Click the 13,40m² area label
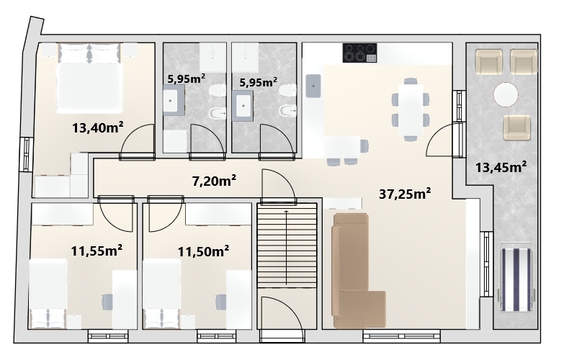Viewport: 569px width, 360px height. tap(98, 127)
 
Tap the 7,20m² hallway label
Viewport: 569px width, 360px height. tap(214, 180)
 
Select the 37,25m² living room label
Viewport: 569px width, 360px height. tap(405, 194)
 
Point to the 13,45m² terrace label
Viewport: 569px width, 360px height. tap(501, 167)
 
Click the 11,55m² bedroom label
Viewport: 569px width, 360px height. tap(97, 251)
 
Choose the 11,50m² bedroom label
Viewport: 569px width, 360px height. tap(203, 251)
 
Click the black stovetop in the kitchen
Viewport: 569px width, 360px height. tap(359, 53)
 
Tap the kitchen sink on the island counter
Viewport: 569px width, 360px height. tap(313, 86)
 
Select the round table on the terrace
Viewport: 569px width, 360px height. tap(506, 94)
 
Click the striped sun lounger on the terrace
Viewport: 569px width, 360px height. tap(516, 279)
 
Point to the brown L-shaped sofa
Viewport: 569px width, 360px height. tap(359, 271)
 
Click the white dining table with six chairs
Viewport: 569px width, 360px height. tap(411, 109)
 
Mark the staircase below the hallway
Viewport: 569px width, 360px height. tap(287, 246)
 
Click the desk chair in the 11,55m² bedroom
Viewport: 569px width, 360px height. tap(107, 302)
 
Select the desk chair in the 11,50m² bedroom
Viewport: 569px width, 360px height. tap(221, 302)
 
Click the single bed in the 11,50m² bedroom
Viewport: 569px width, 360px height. tap(161, 294)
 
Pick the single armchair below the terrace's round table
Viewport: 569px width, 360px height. tap(516, 127)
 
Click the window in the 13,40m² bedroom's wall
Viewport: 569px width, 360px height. tap(26, 154)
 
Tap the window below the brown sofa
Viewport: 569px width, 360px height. tap(402, 336)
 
